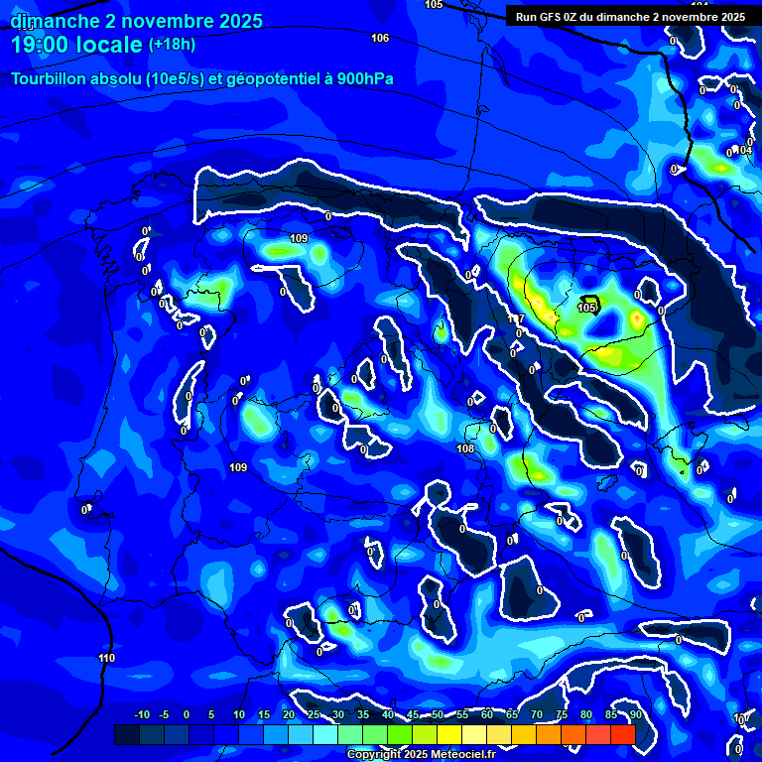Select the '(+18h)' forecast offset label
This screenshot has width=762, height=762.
172,45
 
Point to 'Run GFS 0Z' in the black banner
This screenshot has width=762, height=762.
551,17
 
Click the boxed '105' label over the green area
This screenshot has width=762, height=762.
587,308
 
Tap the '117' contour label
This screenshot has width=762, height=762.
516,319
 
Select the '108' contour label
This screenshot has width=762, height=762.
465,448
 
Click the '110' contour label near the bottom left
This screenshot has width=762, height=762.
107,658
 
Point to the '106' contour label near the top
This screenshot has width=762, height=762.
380,38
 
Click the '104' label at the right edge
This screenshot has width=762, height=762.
745,151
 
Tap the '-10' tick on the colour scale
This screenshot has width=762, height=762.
141,714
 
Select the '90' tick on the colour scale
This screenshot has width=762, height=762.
635,714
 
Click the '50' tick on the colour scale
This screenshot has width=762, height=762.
437,714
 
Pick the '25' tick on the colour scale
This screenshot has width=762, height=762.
314,714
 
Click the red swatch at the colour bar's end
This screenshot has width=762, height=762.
622,734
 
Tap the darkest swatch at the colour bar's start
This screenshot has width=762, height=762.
126,734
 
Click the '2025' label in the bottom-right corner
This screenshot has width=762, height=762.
746,719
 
